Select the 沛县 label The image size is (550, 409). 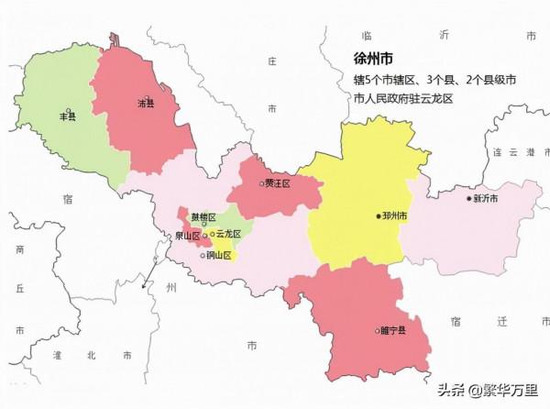pos(145,104)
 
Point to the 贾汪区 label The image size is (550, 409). pos(278,183)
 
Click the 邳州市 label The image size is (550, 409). pos(395,216)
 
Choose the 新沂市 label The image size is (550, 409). pos(487,198)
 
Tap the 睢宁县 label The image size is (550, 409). pos(393,330)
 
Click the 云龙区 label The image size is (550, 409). pos(228,235)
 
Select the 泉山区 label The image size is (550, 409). pos(187,236)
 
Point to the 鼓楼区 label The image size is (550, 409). pos(203,217)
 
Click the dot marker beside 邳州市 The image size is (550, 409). pos(378,216)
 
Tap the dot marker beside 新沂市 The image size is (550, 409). pos(469,198)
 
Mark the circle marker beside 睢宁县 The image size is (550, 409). pos(377,330)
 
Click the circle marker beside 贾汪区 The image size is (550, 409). pos(261,183)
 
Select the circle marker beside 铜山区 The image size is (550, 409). pos(203,255)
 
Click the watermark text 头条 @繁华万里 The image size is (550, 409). pos(490,390)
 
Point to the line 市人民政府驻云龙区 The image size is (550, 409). pos(403,98)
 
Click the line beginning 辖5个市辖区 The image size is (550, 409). pos(434,81)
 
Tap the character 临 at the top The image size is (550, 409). pos(366,34)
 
